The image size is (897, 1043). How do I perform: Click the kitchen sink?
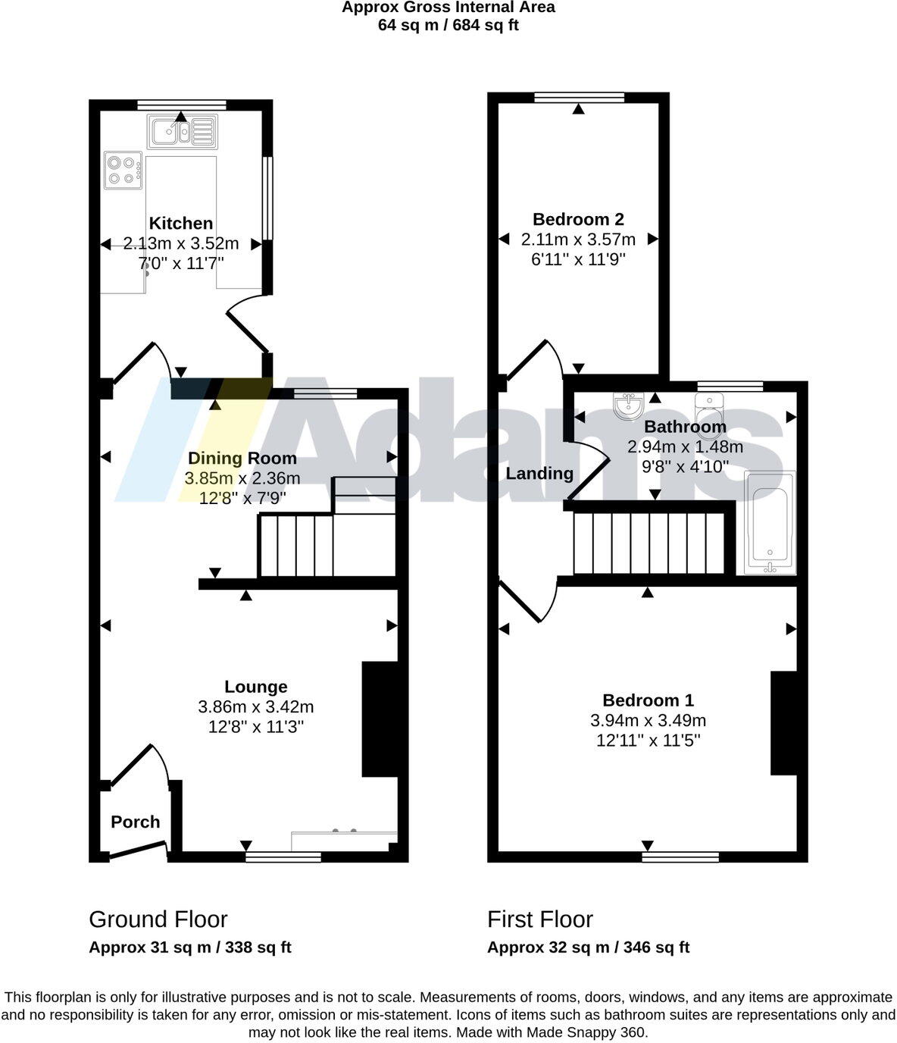[x=182, y=131]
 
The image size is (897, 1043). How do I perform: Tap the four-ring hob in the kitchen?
[x=123, y=170]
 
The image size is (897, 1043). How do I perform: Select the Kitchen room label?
[x=180, y=223]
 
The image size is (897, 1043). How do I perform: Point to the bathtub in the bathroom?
[x=770, y=522]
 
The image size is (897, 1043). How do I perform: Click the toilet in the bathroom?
[x=709, y=409]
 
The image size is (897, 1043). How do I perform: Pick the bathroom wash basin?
[x=628, y=406]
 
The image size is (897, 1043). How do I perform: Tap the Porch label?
[x=135, y=822]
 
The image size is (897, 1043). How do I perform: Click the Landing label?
[x=539, y=473]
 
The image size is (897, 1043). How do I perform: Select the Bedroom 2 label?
[x=578, y=219]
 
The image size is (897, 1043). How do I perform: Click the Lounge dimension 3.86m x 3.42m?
[x=255, y=706]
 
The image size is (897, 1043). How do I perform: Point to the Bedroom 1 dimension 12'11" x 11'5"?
[x=648, y=741]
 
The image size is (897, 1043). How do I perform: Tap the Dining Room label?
[x=242, y=458]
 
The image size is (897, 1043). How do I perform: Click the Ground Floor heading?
[x=158, y=919]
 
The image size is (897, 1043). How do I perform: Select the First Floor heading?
[x=540, y=919]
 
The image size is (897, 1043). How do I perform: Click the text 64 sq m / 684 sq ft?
[x=448, y=25]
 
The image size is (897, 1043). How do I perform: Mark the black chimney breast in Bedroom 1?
[x=783, y=722]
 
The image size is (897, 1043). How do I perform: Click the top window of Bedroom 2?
[x=579, y=97]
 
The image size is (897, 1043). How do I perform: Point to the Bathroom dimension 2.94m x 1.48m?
[x=685, y=446]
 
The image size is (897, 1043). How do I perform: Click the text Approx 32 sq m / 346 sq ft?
[x=588, y=947]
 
